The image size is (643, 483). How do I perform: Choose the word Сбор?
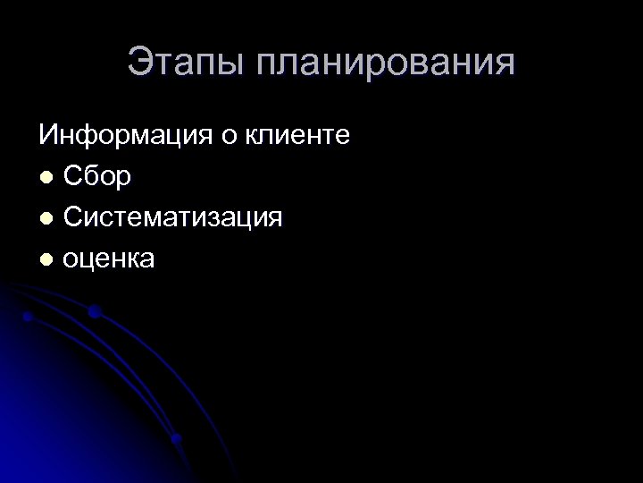click(98, 178)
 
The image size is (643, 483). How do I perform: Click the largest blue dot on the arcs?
click(94, 312)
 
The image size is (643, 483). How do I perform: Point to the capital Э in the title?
click(140, 64)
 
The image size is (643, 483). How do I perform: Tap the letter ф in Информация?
click(90, 140)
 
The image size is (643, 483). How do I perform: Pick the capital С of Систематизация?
click(74, 218)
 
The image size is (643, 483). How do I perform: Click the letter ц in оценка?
click(91, 260)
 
